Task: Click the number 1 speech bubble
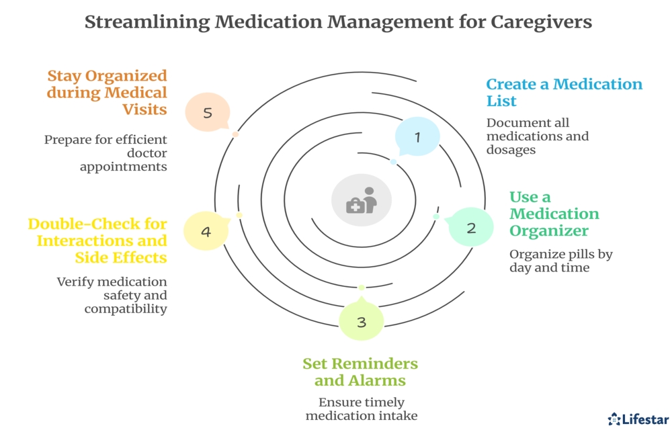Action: point(417,137)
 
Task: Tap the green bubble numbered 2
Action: point(470,228)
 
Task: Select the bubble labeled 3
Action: point(362,322)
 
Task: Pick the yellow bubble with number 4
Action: point(206,232)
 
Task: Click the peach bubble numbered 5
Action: point(208,113)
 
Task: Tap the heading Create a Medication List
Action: point(564,93)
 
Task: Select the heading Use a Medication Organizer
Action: point(554,214)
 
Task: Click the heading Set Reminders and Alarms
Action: point(360,372)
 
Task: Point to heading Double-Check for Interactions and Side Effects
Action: point(97,240)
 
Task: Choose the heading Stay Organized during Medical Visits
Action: point(107,92)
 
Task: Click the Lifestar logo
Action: point(638,419)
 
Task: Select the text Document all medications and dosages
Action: point(538,136)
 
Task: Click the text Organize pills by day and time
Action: point(561,261)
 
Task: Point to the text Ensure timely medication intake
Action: point(362,409)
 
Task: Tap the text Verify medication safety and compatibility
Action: point(112,295)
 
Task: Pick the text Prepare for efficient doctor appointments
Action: point(106,153)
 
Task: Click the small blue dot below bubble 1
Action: point(394,162)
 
